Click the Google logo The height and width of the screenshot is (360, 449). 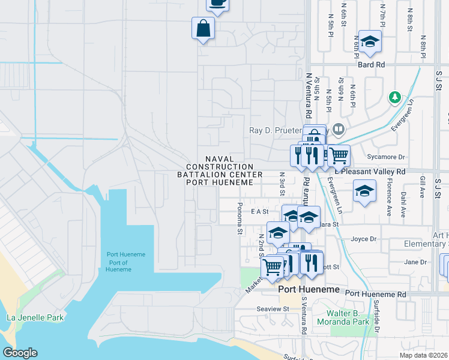20,353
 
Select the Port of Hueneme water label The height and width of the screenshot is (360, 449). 126,262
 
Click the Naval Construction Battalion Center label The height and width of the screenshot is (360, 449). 220,170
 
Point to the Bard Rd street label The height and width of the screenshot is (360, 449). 371,64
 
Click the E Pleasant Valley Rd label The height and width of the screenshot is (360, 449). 371,171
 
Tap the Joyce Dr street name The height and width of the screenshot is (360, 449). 363,238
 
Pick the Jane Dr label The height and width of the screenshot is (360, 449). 415,262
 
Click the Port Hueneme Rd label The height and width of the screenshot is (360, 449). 376,294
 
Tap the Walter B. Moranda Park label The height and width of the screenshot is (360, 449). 357,318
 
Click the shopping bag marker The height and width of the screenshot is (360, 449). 203,28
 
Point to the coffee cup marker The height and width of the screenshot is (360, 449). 218,4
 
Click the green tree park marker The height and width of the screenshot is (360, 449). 394,97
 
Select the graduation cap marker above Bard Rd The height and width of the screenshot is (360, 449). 370,41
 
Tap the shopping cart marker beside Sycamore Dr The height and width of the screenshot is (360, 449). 339,155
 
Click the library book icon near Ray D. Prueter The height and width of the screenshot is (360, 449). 339,130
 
